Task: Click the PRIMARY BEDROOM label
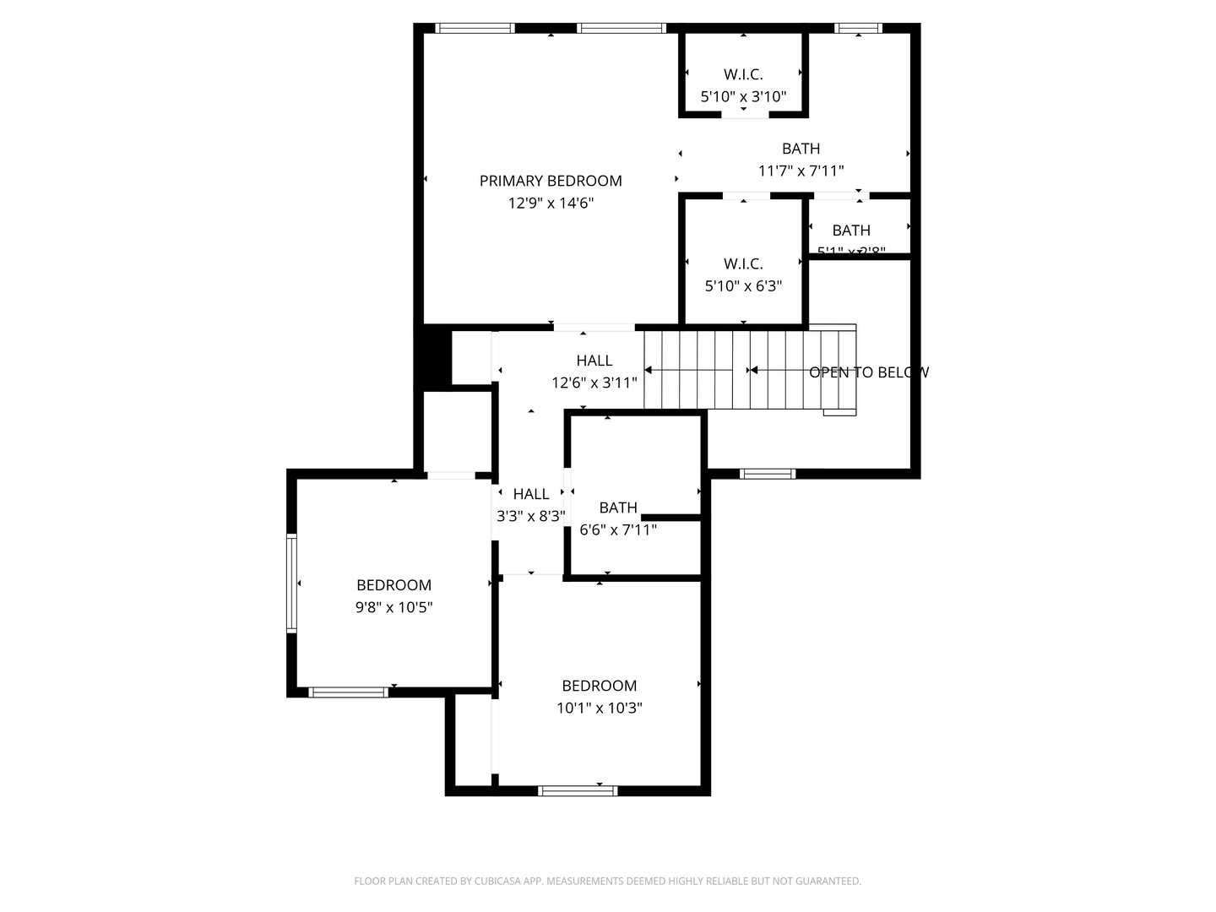pos(551,181)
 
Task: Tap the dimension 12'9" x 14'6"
pos(551,203)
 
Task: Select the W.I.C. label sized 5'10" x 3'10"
pos(743,74)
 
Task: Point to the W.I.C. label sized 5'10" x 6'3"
pos(743,263)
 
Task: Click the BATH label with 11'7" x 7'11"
pos(801,149)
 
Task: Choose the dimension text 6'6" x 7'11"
pos(618,530)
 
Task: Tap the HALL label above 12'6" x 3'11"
pos(594,361)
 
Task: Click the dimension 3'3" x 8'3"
pos(530,516)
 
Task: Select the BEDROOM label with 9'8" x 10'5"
pos(394,585)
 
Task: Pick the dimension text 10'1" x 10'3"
pos(599,708)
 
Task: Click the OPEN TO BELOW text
pos(868,372)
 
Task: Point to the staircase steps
pos(726,370)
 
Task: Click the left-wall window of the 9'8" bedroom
pos(291,583)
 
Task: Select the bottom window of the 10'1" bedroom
pos(578,791)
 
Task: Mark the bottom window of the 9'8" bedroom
pos(348,692)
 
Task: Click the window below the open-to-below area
pos(767,474)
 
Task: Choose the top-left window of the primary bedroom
pos(475,28)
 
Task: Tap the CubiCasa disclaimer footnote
pos(607,882)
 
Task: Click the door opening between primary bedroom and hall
pos(594,328)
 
